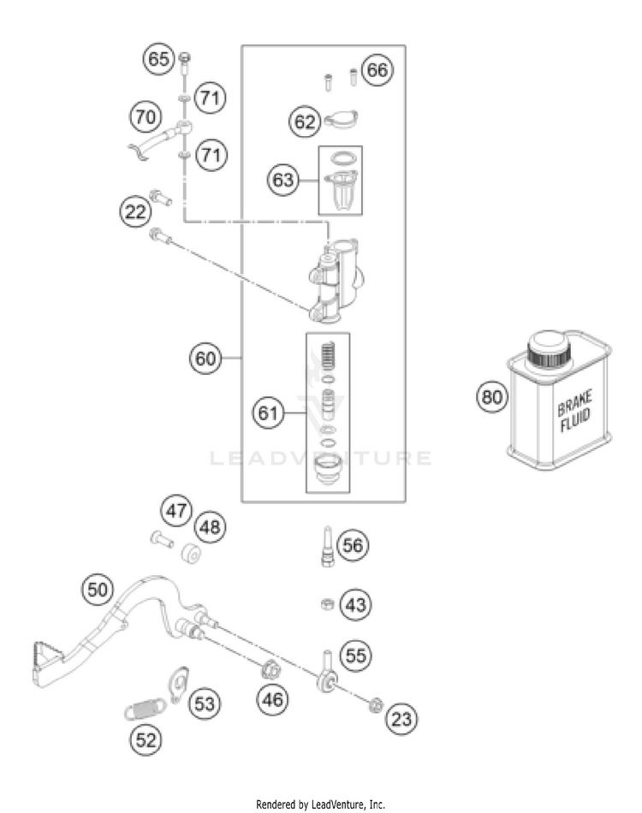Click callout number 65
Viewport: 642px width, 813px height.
pyautogui.click(x=158, y=58)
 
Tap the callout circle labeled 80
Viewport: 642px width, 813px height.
pyautogui.click(x=491, y=396)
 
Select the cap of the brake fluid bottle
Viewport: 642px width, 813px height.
pyautogui.click(x=550, y=349)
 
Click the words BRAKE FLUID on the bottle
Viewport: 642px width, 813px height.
pyautogui.click(x=574, y=411)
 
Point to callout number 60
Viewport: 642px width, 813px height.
pyautogui.click(x=205, y=359)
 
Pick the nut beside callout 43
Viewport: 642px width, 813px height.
pyautogui.click(x=327, y=603)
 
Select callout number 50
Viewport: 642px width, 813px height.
pyautogui.click(x=98, y=590)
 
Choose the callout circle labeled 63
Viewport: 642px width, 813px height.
pyautogui.click(x=283, y=180)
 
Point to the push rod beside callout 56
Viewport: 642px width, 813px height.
pyautogui.click(x=327, y=547)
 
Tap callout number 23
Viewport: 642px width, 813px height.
pyautogui.click(x=401, y=719)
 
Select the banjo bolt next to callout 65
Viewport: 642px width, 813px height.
pyautogui.click(x=185, y=65)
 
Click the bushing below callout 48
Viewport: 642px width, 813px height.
pyautogui.click(x=191, y=553)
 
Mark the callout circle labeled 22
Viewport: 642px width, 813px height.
pyautogui.click(x=135, y=211)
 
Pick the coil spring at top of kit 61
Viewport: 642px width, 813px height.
pyautogui.click(x=327, y=356)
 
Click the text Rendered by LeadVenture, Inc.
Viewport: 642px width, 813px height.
pyautogui.click(x=320, y=804)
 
